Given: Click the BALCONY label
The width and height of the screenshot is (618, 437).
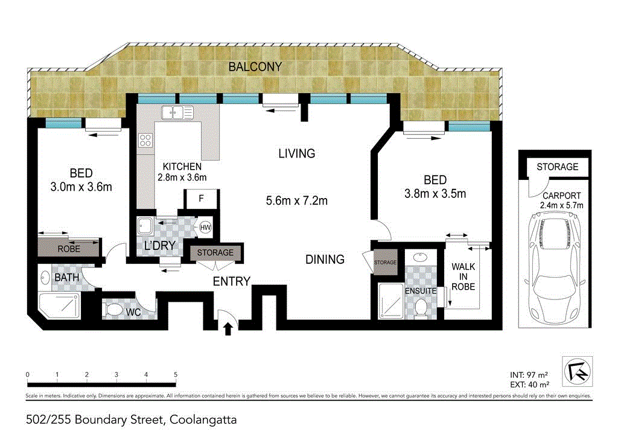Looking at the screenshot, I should [x=255, y=67].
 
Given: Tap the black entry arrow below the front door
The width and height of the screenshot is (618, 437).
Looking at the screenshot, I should [x=228, y=329].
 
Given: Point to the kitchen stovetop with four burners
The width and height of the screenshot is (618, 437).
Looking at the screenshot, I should [x=145, y=141].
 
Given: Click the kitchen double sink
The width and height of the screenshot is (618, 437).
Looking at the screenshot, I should [x=177, y=112].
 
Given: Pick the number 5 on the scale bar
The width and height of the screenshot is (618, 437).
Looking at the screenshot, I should [x=175, y=375].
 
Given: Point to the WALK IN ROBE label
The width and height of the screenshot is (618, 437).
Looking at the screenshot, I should [x=463, y=276].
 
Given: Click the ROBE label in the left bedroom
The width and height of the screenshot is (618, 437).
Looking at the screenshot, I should [x=69, y=249].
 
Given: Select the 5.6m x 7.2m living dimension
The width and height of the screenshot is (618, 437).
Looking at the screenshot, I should [x=297, y=201].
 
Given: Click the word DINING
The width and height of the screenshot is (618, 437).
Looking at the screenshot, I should [x=325, y=259].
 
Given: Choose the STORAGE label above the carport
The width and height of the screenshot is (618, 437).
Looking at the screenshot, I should [x=557, y=167].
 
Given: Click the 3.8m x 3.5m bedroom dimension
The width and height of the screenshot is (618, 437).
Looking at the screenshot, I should [x=435, y=194].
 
